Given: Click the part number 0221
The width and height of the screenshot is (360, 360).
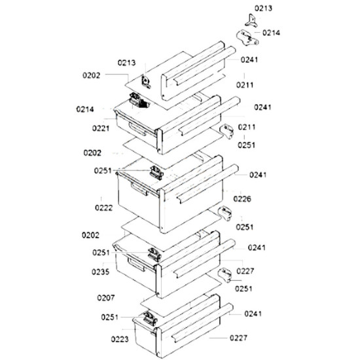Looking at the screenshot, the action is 101,128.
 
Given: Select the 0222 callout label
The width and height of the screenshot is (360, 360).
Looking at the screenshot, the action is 104,207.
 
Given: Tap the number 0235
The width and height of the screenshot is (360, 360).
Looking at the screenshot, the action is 100,272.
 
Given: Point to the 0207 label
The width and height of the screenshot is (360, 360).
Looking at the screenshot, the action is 105,298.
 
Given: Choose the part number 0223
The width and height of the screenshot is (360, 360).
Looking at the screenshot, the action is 120,339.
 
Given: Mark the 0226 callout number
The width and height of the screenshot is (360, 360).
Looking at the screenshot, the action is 242,199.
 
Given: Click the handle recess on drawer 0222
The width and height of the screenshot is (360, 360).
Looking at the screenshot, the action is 139,189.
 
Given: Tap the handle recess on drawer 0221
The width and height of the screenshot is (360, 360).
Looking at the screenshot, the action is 137,129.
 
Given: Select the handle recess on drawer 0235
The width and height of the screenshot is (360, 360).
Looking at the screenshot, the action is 136,264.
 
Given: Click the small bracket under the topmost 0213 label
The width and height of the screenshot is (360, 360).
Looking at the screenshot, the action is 251,21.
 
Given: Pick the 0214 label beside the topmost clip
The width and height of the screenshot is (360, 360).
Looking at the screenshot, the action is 271,33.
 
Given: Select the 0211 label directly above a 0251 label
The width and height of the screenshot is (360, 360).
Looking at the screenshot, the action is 247,127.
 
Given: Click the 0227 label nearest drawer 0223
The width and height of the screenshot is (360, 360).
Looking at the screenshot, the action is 238,338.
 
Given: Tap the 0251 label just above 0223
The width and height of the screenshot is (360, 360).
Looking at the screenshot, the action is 110,317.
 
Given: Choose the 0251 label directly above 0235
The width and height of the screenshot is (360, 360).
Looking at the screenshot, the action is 101,253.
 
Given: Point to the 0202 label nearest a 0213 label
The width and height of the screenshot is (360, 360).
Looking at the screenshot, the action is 92,75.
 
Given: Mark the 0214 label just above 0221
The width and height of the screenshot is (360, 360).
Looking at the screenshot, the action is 85,109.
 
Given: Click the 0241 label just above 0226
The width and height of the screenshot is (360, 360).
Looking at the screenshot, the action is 258,175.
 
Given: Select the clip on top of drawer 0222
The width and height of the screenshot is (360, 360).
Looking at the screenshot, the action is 156,173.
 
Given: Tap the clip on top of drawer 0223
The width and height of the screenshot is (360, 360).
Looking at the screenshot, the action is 150,319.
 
